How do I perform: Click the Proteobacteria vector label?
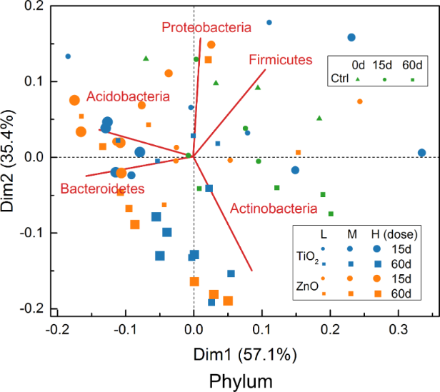(x=206, y=28)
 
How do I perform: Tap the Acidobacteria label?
(x=129, y=96)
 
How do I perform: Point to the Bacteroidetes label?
(x=102, y=189)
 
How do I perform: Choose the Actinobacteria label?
(x=273, y=209)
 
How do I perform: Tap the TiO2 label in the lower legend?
(x=309, y=256)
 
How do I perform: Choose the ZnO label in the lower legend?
(x=307, y=285)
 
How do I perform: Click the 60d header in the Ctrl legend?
(x=413, y=64)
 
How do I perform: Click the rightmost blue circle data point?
(x=421, y=153)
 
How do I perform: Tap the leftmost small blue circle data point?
(x=68, y=56)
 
